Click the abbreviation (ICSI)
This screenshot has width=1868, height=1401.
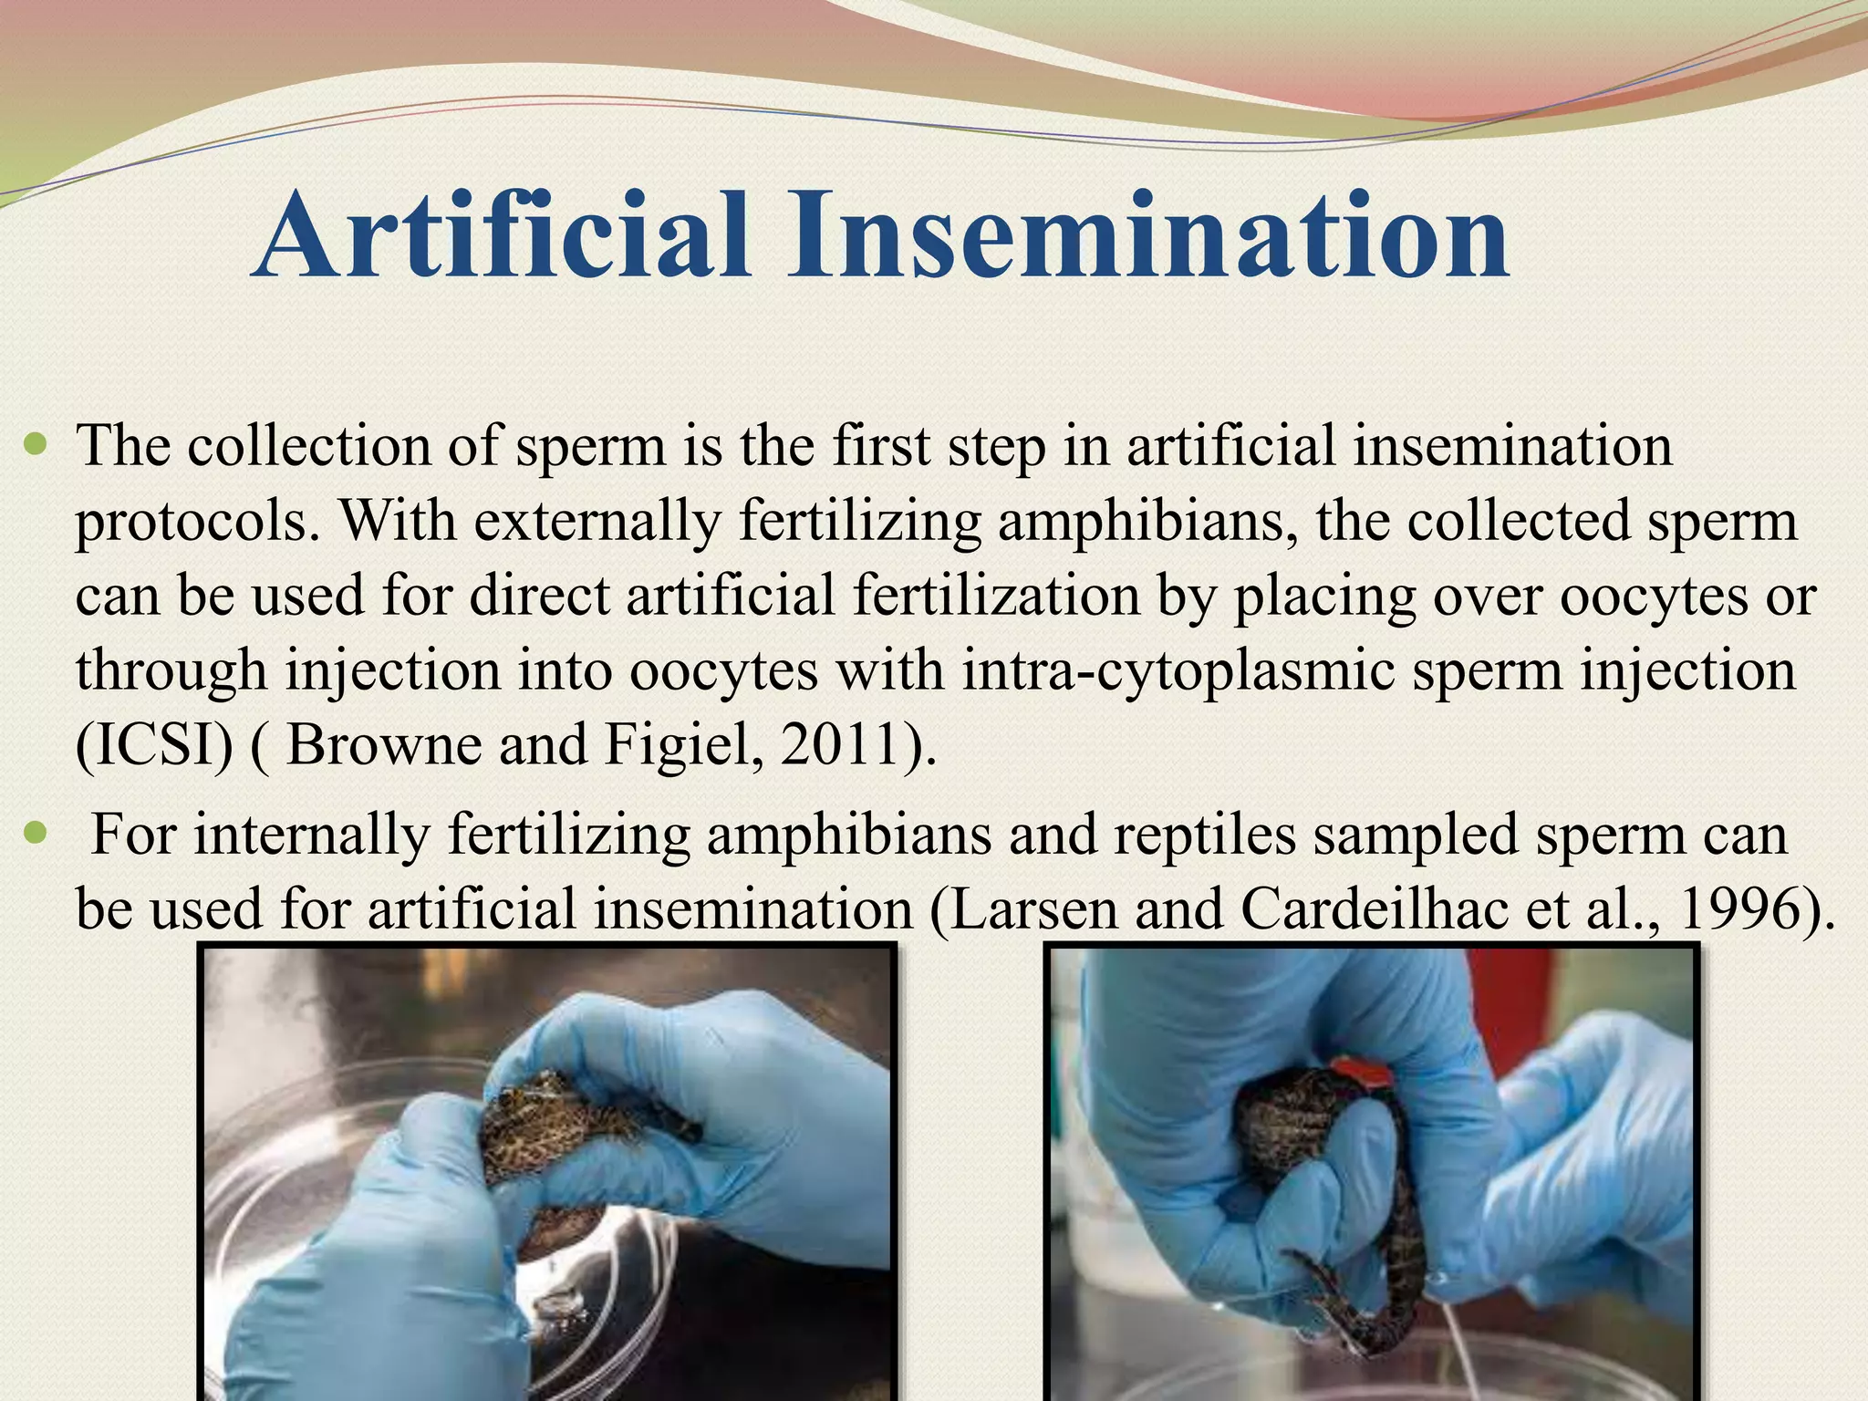(153, 746)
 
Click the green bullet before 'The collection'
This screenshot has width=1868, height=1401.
(36, 446)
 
